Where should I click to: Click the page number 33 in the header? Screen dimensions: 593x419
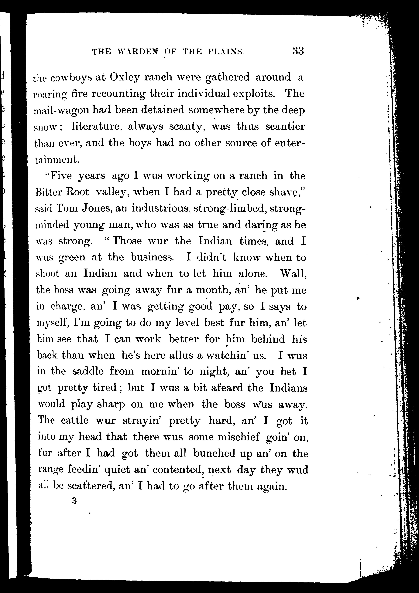pos(298,51)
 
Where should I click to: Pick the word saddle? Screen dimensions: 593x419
pos(88,372)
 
